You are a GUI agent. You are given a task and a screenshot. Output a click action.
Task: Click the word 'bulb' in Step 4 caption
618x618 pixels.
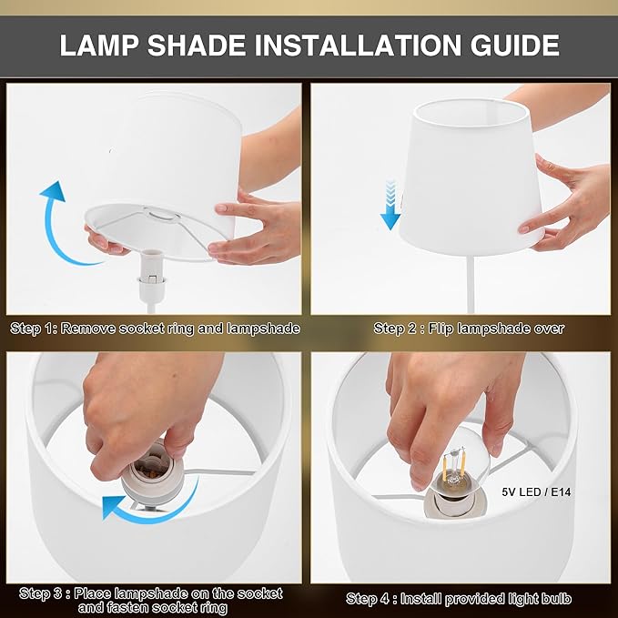click(x=556, y=599)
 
